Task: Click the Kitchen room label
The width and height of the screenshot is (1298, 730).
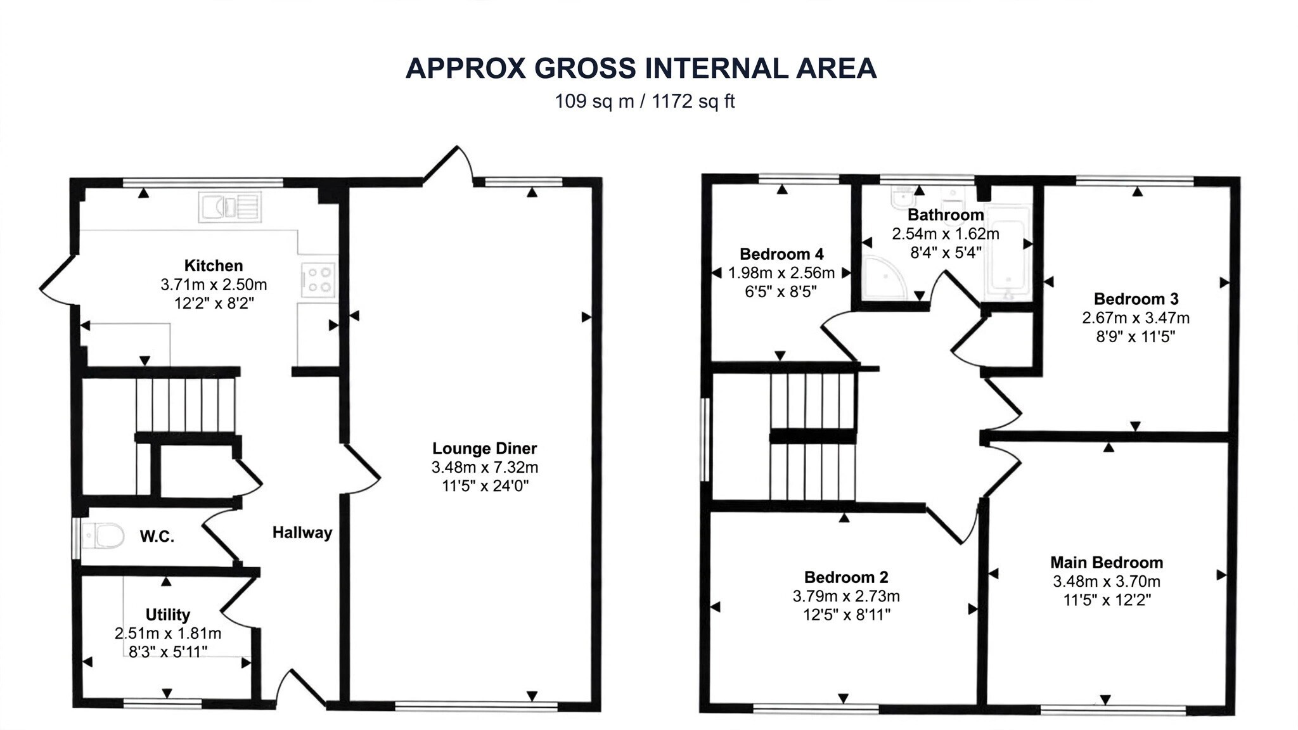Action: (214, 266)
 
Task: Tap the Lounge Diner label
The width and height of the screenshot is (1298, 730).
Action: (485, 449)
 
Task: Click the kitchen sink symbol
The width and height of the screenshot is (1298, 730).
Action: (230, 207)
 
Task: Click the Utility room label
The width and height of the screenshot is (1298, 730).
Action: (168, 615)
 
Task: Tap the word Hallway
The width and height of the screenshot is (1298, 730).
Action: (302, 533)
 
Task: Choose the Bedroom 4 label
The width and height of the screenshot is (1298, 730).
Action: (782, 254)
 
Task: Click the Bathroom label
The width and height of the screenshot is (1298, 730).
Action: (946, 215)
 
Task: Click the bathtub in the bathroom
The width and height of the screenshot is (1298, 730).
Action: (1008, 253)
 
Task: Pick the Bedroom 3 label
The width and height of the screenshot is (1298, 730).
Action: (1136, 298)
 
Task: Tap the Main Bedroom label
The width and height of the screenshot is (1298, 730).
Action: (1107, 562)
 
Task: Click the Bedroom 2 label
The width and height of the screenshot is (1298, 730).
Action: (846, 577)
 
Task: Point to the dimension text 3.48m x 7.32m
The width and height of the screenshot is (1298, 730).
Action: (485, 468)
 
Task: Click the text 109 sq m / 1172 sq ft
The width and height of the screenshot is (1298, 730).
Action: (645, 101)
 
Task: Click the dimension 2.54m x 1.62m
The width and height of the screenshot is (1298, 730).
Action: (946, 234)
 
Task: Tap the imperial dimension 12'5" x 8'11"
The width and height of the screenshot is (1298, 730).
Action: (846, 614)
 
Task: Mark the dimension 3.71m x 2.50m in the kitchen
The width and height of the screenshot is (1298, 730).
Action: (214, 285)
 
